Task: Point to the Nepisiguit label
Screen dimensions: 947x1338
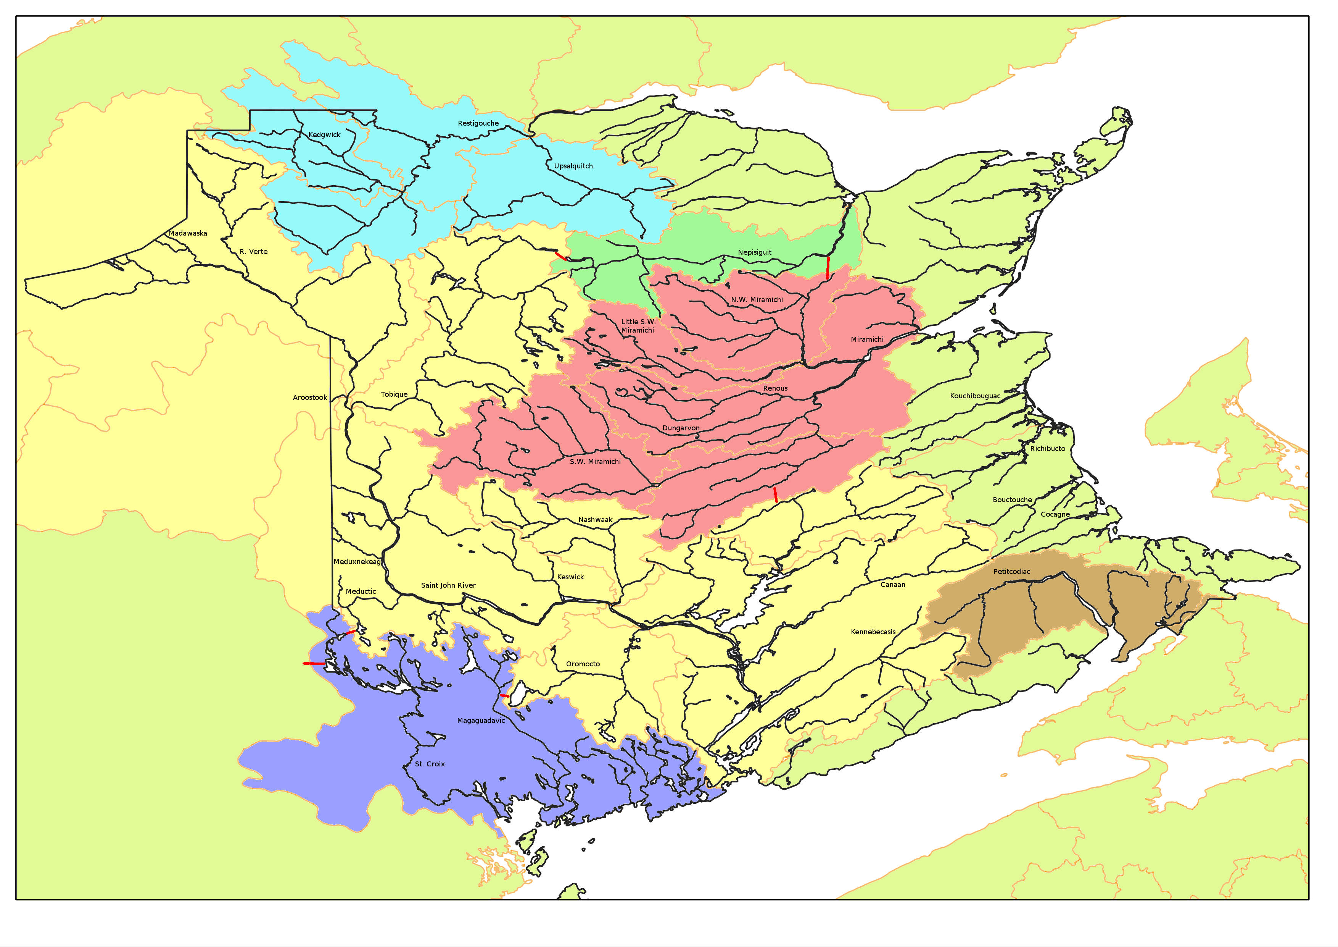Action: pos(754,252)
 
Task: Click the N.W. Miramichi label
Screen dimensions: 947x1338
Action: pos(757,300)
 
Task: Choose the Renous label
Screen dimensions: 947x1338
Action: pos(775,388)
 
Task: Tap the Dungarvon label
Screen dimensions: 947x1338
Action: pos(681,428)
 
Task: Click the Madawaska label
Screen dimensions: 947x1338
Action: pos(188,233)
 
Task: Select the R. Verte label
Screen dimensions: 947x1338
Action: pos(253,252)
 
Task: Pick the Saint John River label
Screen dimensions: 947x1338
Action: pos(448,585)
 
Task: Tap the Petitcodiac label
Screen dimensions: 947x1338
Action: pos(1012,572)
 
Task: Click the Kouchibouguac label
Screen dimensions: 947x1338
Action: pos(975,396)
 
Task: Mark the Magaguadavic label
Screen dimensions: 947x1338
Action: pos(481,721)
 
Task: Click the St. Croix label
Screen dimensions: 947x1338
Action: pos(430,764)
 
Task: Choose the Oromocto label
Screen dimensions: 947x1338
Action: pos(583,664)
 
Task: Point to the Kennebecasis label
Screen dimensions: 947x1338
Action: pos(873,632)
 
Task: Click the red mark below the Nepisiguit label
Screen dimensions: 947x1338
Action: pos(828,268)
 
